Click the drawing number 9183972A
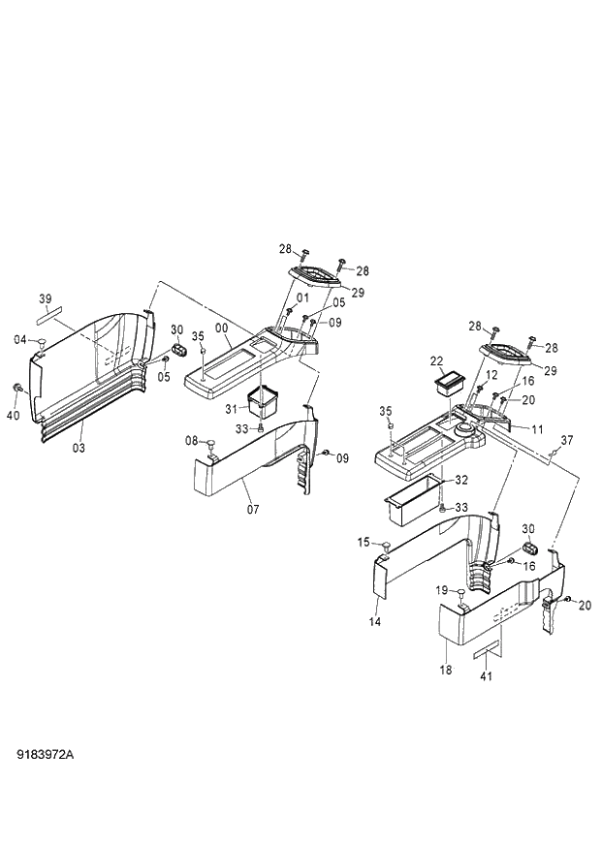pos(46,752)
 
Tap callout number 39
pos(45,298)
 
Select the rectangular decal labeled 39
pos(47,315)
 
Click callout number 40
pos(15,416)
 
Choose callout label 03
pos(79,447)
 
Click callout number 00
pos(221,329)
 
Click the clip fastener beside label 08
pos(210,443)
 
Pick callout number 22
pos(437,360)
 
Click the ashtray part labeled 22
pos(449,382)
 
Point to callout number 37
pos(567,440)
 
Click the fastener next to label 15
pos(385,549)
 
